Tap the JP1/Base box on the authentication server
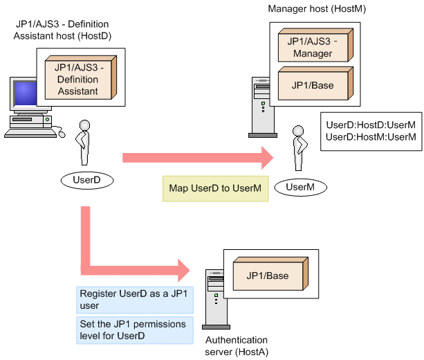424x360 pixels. point(267,276)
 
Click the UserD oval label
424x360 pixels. point(86,181)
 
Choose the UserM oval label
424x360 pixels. point(299,186)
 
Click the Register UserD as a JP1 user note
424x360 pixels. point(135,299)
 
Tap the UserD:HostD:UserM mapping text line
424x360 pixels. point(371,125)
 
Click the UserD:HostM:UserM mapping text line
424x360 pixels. point(371,137)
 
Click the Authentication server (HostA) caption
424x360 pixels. point(236,345)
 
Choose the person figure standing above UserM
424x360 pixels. point(298,147)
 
